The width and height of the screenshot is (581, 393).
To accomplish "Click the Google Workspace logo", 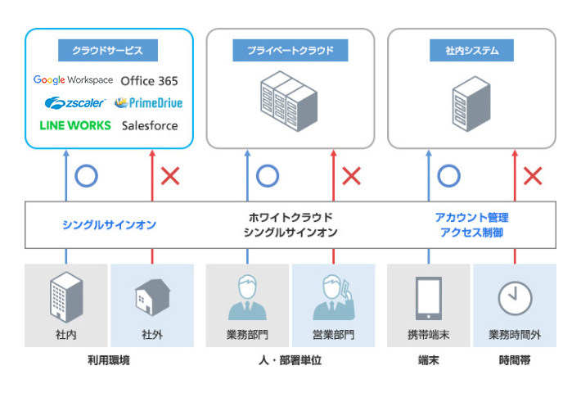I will click(x=73, y=80).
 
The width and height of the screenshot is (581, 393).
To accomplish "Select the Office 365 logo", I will click(x=149, y=81).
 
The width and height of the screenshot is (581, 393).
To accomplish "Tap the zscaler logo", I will click(x=76, y=103).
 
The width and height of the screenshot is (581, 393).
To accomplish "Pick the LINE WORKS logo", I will click(x=74, y=126).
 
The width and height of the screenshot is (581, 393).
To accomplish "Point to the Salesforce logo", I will click(x=149, y=126).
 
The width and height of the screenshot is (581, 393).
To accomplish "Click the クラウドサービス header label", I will click(x=109, y=51).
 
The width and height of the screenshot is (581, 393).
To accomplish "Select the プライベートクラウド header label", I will click(x=290, y=51).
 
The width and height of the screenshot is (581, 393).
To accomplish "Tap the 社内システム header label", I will click(x=471, y=51).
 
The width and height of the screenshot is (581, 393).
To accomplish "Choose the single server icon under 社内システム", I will click(x=471, y=102).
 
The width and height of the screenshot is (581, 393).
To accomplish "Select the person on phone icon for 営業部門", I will click(x=333, y=298).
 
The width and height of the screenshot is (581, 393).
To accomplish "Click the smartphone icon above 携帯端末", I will click(x=429, y=298).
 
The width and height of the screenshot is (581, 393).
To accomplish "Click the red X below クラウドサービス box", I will click(x=170, y=175).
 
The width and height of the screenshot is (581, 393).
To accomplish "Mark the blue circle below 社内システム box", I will click(x=448, y=175).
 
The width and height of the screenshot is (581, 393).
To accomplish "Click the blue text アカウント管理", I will click(x=471, y=218).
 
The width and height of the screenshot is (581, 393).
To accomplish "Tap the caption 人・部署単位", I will click(x=289, y=360).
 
